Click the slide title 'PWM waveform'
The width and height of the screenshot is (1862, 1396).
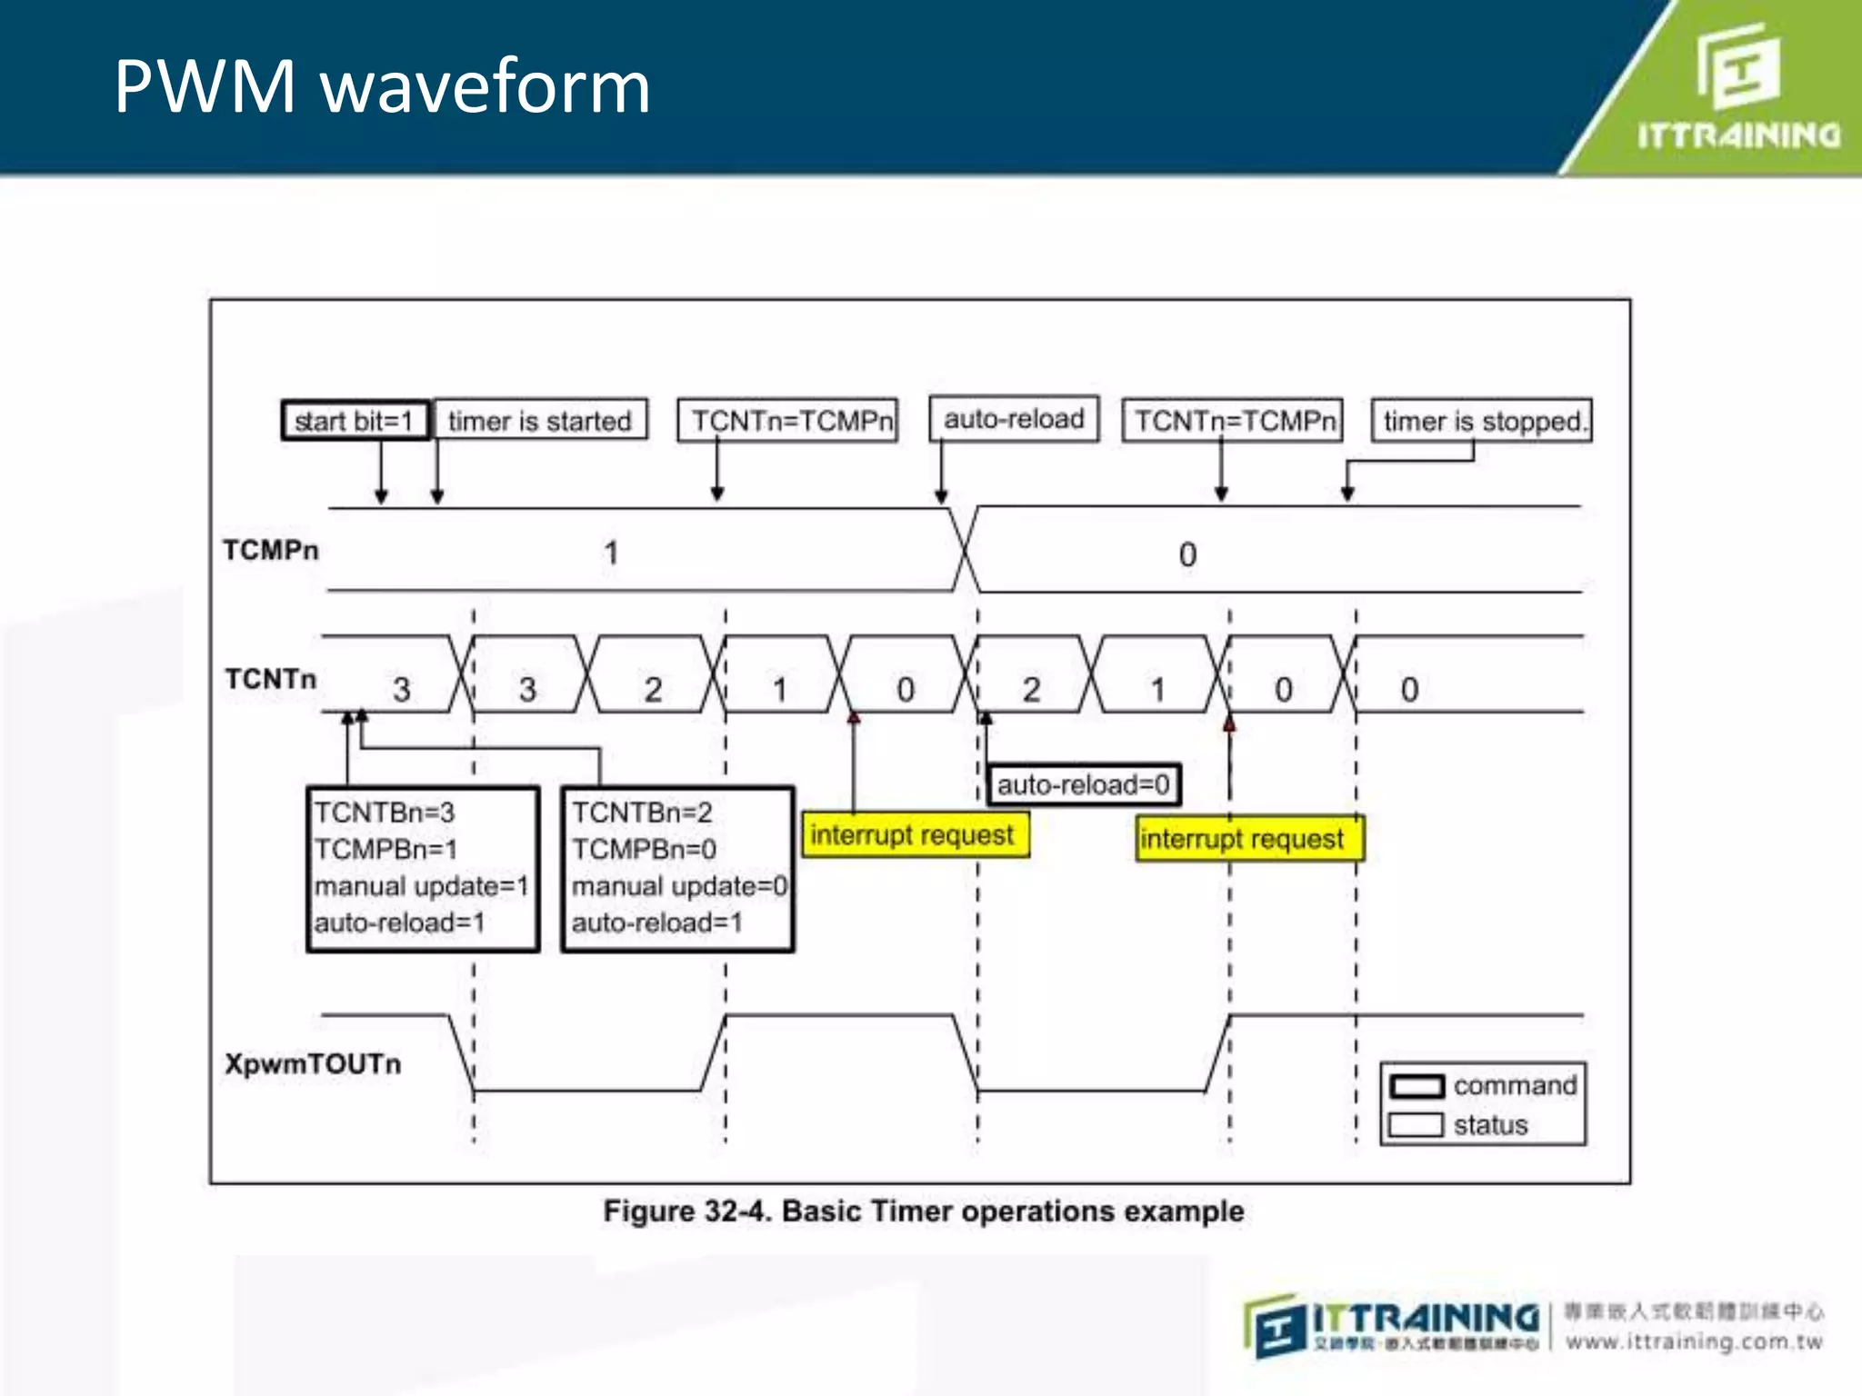tap(382, 86)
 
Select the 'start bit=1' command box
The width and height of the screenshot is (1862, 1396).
tap(355, 421)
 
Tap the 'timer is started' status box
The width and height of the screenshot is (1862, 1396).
tap(540, 421)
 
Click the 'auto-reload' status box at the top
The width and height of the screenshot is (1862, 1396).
tap(1014, 419)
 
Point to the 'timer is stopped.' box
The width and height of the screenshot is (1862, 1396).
tap(1482, 421)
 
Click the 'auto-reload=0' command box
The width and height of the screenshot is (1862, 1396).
tap(1084, 784)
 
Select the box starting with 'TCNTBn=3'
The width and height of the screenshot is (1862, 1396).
tap(423, 868)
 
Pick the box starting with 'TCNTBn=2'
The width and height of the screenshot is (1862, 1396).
tap(678, 868)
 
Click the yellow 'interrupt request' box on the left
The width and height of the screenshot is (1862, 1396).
tap(913, 834)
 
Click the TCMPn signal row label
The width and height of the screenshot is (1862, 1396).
tap(271, 550)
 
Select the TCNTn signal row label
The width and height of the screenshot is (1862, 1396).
tap(271, 679)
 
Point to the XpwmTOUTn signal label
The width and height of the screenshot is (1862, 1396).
tap(313, 1063)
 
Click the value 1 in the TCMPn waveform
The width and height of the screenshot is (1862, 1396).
tap(611, 553)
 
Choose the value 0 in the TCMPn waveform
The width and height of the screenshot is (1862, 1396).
tap(1187, 554)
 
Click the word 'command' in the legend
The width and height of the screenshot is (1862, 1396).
tap(1515, 1085)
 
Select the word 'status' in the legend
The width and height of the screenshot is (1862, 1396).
tap(1490, 1125)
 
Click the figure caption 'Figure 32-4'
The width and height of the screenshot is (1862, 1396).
tap(924, 1212)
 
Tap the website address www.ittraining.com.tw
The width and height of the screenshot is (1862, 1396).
tap(1694, 1341)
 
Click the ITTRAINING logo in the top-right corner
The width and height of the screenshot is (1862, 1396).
tap(1738, 91)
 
